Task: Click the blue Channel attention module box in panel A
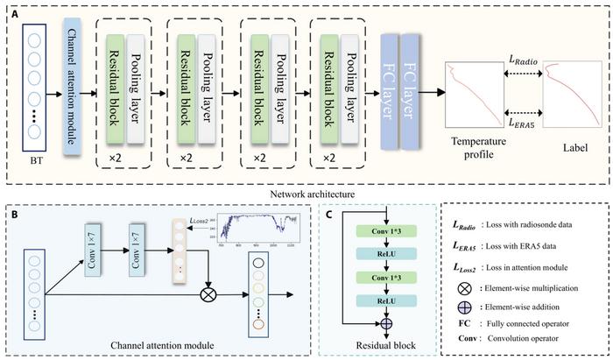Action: click(x=72, y=82)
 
